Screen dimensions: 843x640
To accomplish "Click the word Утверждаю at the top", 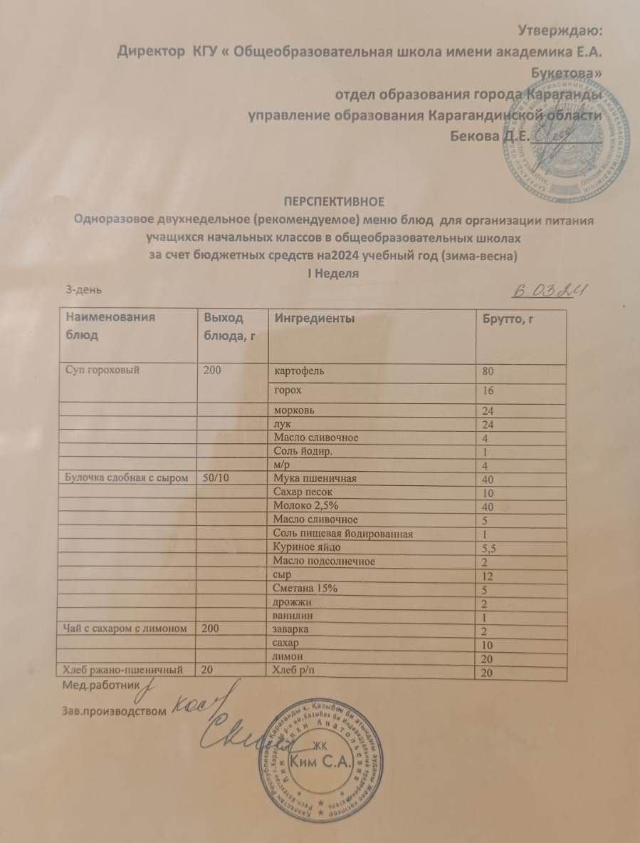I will [x=559, y=31].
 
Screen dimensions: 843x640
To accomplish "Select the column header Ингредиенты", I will [x=315, y=318].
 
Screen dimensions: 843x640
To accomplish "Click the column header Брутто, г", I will [x=508, y=319].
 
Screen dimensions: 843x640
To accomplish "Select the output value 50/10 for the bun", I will [x=216, y=478].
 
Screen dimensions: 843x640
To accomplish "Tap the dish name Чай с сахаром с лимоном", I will [x=126, y=629].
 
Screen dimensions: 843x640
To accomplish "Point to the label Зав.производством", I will [x=110, y=710].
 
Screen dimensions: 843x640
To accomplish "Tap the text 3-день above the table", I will [x=83, y=289].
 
